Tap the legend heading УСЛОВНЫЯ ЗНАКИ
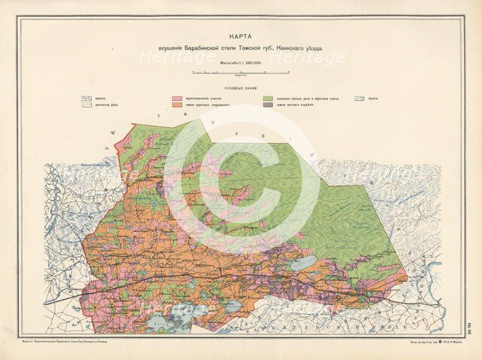tap(243, 89)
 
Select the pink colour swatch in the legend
tap(178, 99)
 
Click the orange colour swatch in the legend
tap(178, 105)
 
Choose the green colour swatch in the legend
tap(268, 99)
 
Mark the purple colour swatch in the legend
tap(268, 105)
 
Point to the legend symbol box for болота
tap(360, 99)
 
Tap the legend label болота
tap(374, 99)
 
